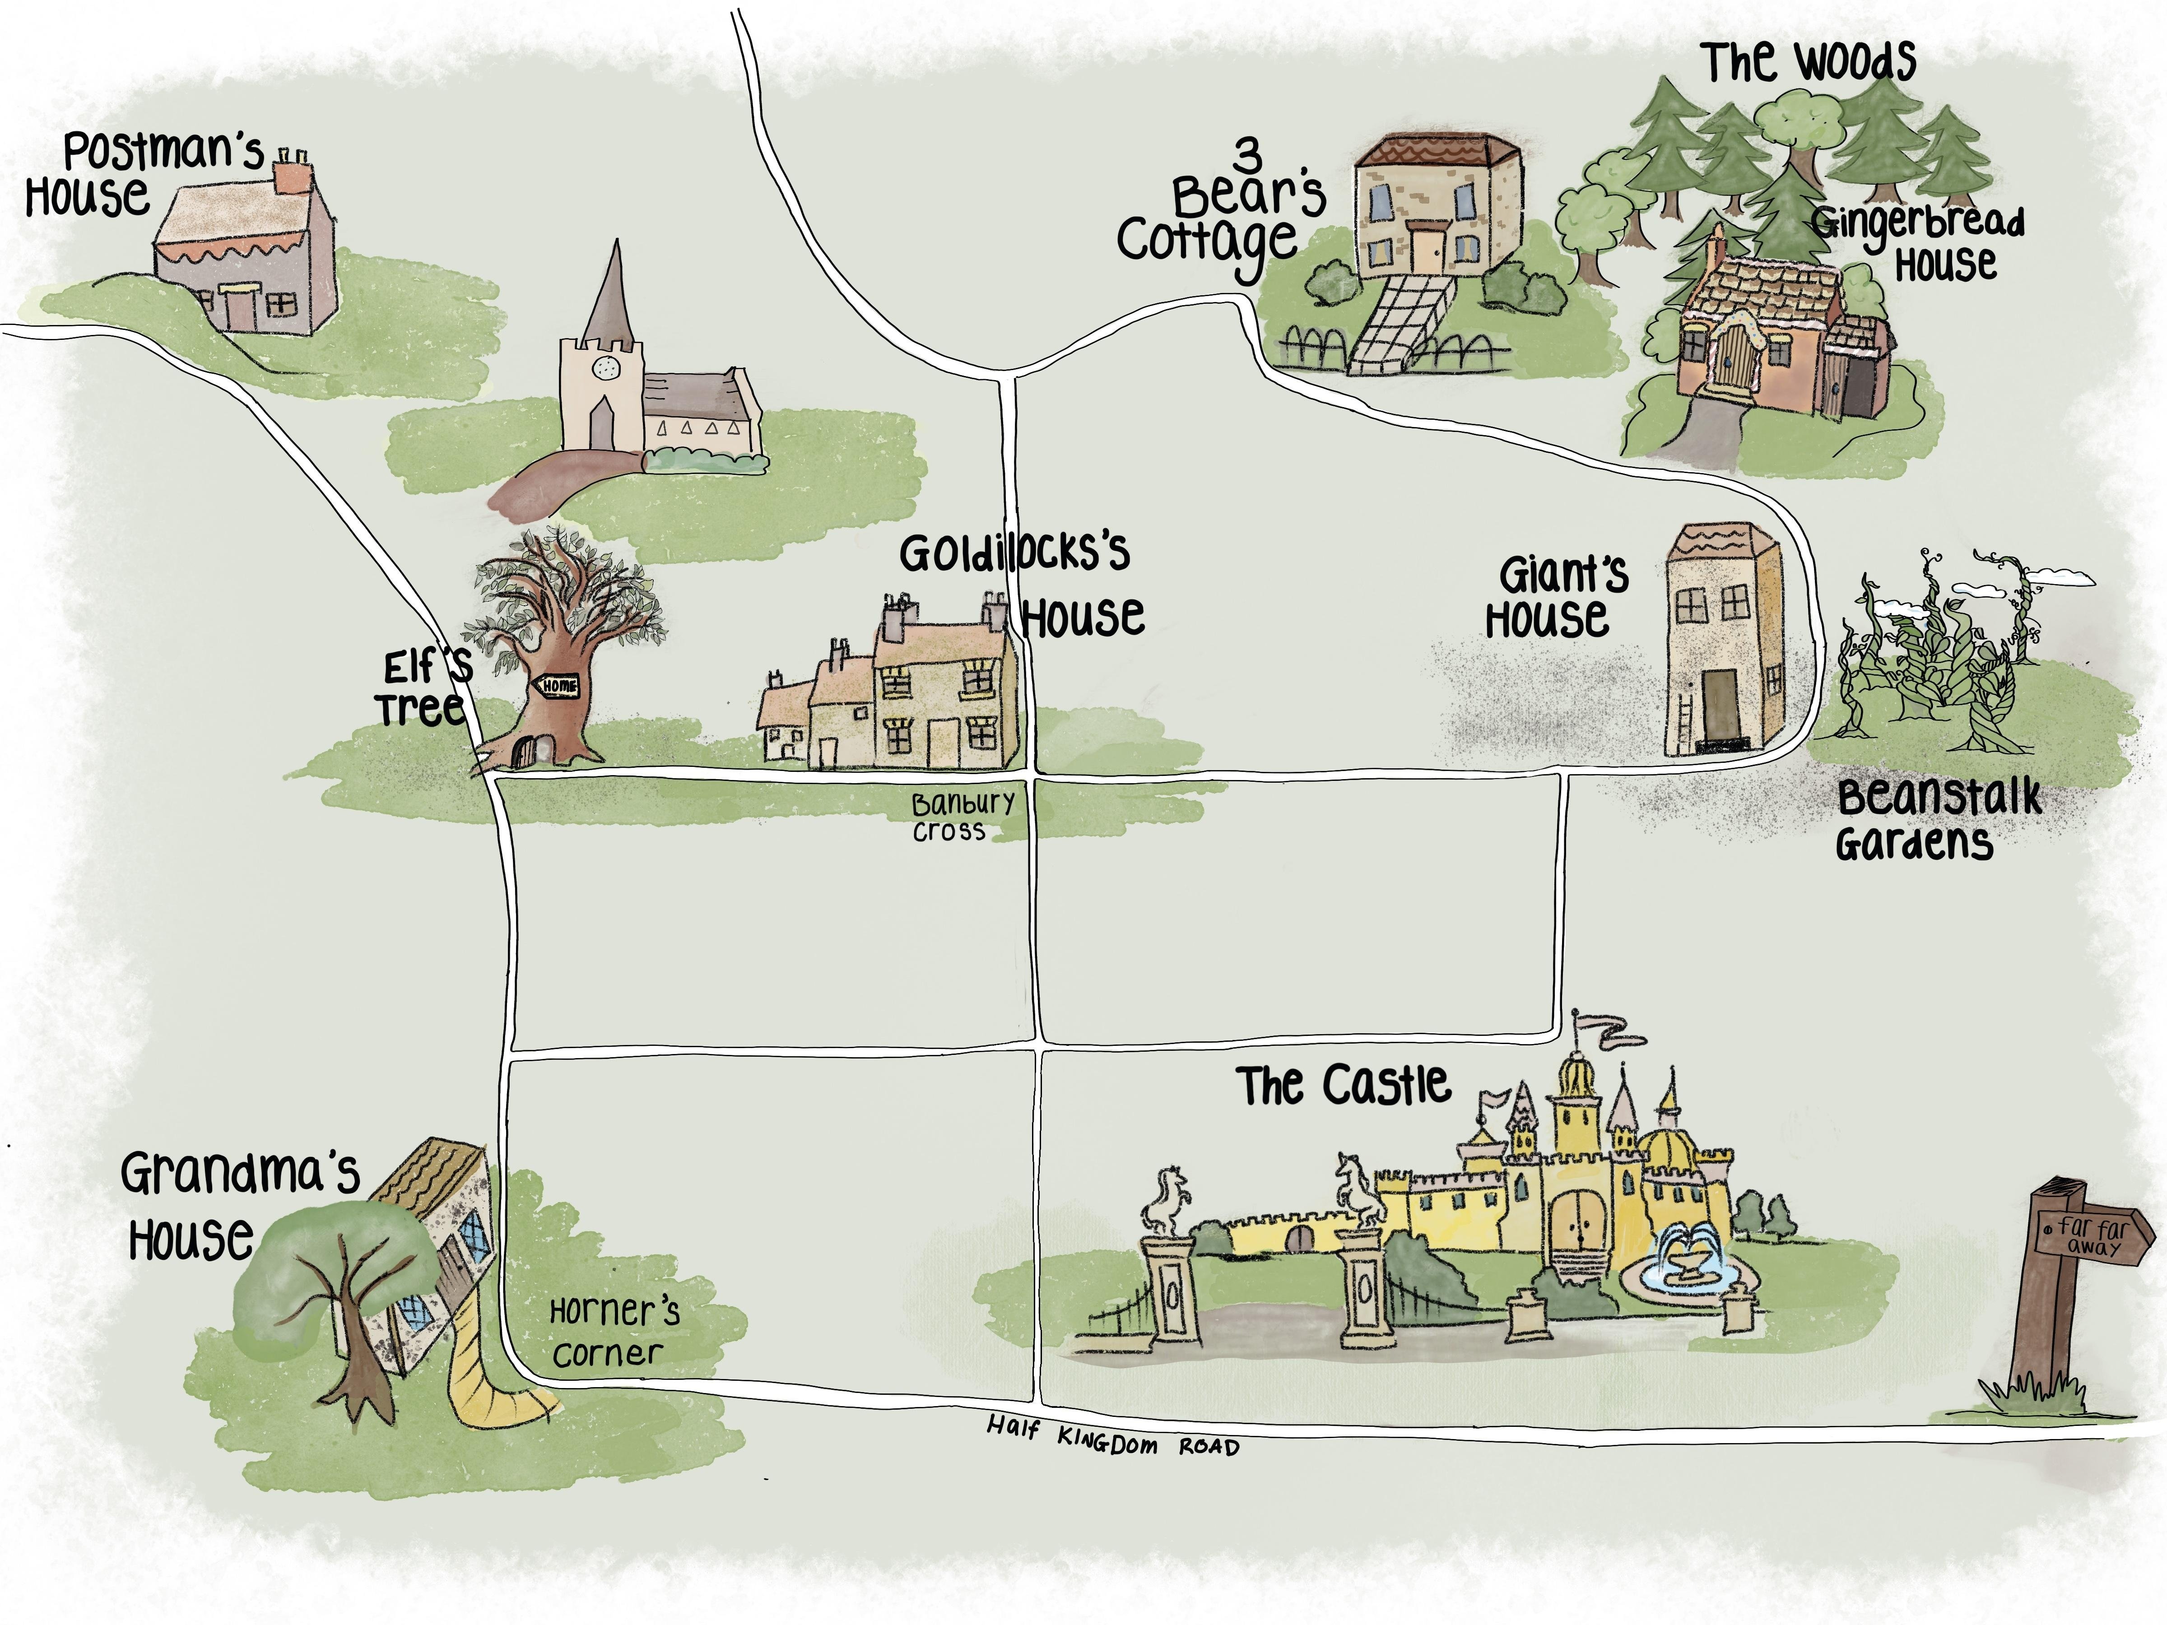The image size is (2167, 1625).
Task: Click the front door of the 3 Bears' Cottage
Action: tap(1425, 247)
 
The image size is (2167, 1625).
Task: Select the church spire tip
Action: tap(617, 240)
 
